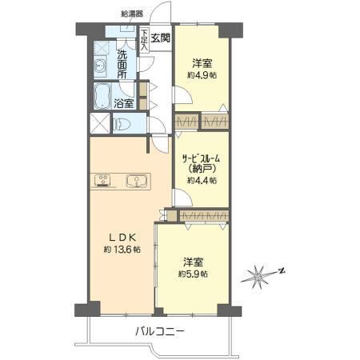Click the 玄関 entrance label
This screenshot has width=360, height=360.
[161, 38]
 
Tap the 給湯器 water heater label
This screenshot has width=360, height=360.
[132, 14]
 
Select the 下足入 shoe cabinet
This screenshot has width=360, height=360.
[144, 40]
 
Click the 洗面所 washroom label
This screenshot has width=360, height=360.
[122, 65]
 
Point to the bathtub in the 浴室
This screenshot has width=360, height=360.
[102, 96]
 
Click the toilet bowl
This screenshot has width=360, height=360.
[122, 125]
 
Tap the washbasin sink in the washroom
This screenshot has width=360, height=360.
[100, 65]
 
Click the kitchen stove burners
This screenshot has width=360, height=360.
[102, 180]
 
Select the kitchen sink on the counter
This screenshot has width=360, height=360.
[137, 181]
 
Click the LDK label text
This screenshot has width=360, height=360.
[123, 237]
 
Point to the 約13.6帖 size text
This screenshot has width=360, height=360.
[122, 250]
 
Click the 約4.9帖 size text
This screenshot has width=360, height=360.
[202, 75]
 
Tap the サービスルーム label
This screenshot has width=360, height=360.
[201, 159]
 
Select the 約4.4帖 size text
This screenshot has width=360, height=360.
[202, 181]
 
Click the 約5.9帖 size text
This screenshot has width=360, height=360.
[193, 274]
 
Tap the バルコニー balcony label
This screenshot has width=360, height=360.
[160, 332]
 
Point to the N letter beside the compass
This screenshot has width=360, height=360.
[282, 271]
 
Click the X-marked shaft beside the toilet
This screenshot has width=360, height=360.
[100, 123]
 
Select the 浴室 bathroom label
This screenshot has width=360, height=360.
[124, 103]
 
